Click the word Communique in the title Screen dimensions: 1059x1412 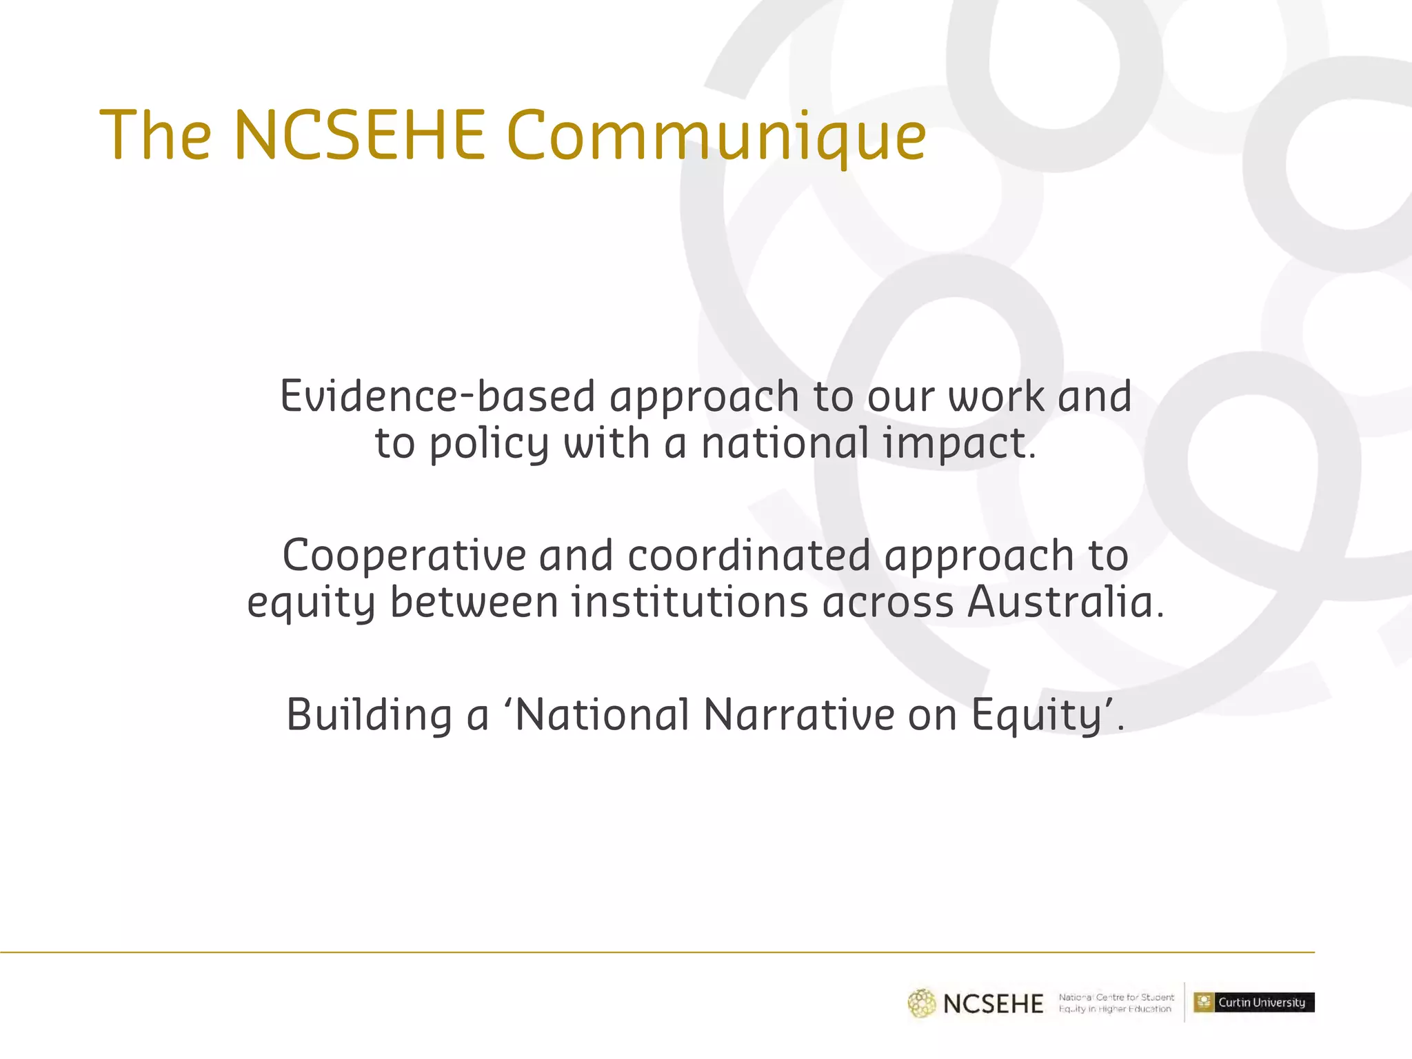pos(716,136)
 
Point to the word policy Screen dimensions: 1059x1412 pos(489,443)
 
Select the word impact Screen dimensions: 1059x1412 pos(959,443)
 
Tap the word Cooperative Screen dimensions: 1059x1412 pos(404,556)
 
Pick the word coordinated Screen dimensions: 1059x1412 pos(749,556)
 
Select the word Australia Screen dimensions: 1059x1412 pos(1065,602)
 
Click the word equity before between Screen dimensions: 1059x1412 pos(311,603)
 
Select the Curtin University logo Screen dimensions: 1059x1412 pos(1254,1002)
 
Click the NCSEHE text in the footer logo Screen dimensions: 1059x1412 pos(993,1004)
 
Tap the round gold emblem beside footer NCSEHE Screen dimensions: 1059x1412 pos(922,1003)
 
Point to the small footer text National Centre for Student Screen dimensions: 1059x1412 pos(1116,997)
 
